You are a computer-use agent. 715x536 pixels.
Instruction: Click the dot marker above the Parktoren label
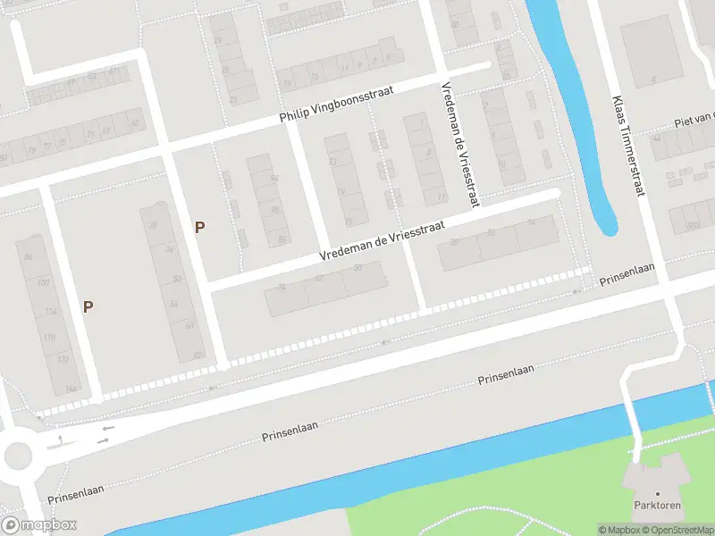pos(658,493)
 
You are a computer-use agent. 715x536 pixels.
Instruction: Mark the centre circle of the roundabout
pos(18,456)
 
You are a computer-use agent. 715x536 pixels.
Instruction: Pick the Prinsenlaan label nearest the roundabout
pos(78,490)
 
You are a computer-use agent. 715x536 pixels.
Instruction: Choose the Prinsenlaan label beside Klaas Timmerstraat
pos(627,274)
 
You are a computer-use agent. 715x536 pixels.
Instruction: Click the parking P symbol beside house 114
pos(88,306)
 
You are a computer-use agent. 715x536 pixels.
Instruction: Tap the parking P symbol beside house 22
pos(199,227)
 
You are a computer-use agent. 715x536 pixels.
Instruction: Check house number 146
pos(71,389)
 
